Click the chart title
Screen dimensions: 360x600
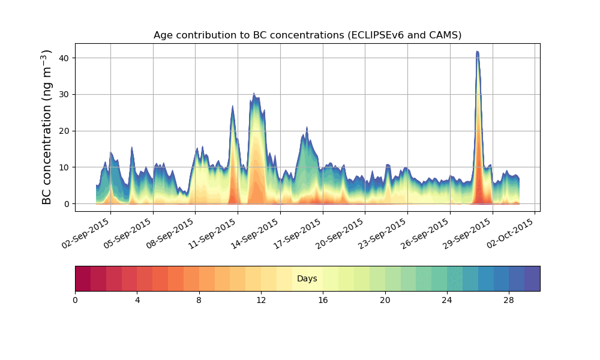307,35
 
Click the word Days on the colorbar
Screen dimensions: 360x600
307,279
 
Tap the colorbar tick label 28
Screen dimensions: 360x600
509,300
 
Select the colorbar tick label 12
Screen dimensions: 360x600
261,300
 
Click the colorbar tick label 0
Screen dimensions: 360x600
75,300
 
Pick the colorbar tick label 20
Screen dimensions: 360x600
385,300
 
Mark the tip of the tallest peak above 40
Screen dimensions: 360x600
478,52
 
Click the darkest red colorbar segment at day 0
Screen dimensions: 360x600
83,278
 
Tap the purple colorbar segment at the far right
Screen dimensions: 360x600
532,278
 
